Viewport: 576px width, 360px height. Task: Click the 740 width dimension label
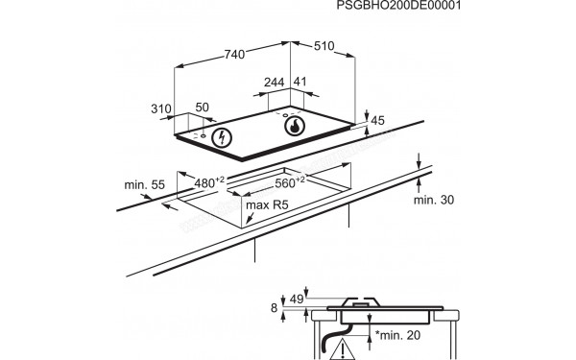[x=234, y=55]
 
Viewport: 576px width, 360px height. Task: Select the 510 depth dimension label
[x=324, y=46]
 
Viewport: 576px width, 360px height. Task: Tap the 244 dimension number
[x=274, y=83]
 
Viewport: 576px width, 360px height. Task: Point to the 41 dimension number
[x=300, y=82]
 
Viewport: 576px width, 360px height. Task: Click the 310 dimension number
[x=161, y=108]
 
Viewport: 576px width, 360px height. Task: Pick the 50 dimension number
[x=202, y=108]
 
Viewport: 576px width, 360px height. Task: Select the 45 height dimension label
[x=377, y=121]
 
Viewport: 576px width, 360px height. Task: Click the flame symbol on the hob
[x=295, y=126]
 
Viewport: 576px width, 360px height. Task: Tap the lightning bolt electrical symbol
[x=222, y=137]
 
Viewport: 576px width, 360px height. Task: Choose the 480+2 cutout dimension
[x=208, y=181]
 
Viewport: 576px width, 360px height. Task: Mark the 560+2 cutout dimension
[x=290, y=181]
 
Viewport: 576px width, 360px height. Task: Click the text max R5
[x=267, y=205]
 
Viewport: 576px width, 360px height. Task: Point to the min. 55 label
[x=144, y=184]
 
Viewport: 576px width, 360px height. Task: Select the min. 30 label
[x=434, y=200]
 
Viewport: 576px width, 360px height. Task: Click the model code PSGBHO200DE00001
[x=398, y=6]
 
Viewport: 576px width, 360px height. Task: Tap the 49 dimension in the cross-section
[x=297, y=300]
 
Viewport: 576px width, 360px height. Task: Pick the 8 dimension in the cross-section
[x=274, y=308]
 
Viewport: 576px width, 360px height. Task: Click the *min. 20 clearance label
[x=397, y=335]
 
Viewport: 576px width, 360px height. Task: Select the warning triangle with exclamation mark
[x=342, y=348]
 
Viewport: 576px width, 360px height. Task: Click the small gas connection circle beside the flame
[x=285, y=116]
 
